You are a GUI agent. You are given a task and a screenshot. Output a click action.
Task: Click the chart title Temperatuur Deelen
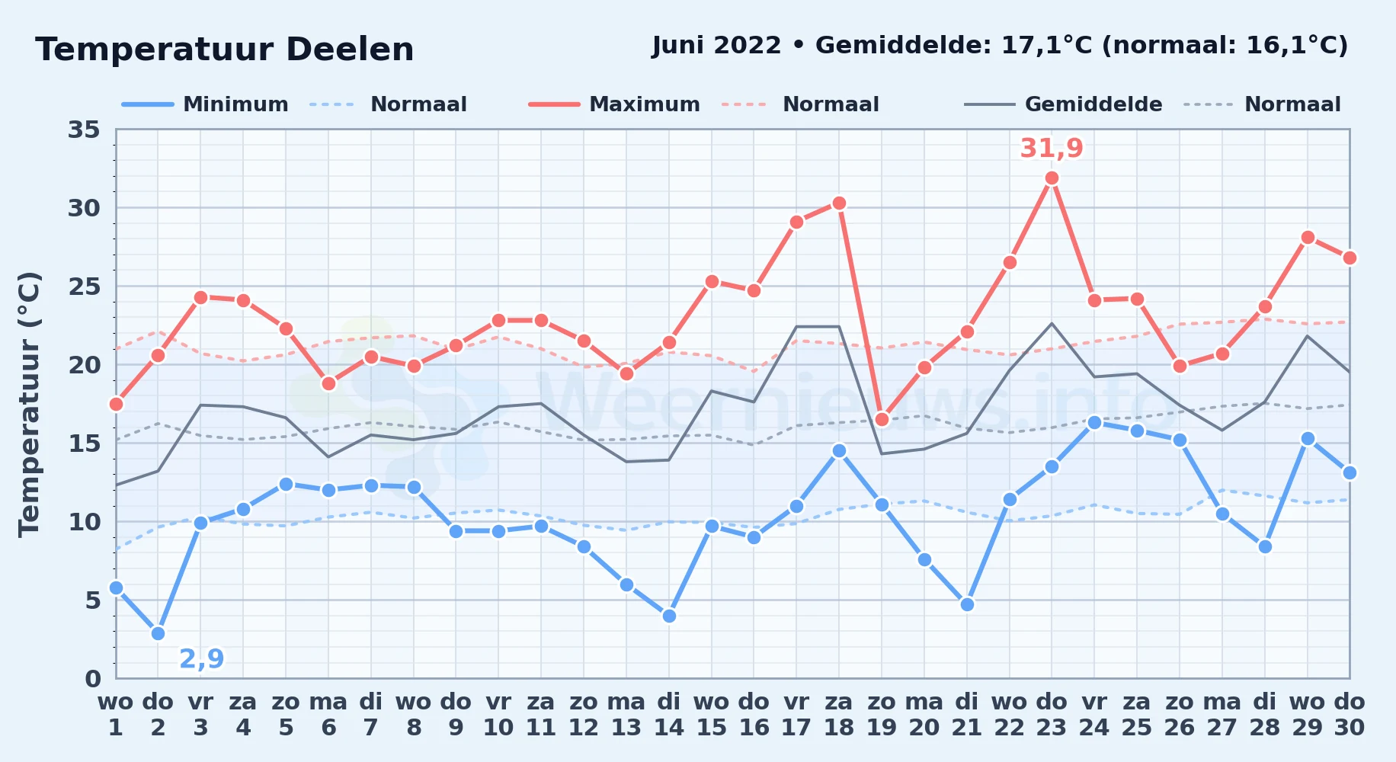tap(225, 50)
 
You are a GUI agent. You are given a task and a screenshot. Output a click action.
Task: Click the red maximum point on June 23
tap(1052, 178)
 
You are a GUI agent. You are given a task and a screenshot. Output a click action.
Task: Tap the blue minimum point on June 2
tap(158, 633)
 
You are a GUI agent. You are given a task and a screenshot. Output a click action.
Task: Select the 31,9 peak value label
tap(1052, 148)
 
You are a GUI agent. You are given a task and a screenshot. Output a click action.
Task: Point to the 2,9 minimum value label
tap(201, 658)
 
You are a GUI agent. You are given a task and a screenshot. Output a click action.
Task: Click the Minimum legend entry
tap(206, 104)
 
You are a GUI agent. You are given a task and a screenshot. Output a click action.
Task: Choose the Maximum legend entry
tap(614, 104)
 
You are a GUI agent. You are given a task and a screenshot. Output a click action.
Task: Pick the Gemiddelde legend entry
tap(1064, 104)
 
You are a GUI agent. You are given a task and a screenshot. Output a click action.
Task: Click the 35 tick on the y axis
tap(84, 130)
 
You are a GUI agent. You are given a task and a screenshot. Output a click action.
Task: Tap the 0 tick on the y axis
tap(92, 678)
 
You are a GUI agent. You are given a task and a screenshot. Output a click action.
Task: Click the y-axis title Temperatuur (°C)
tap(29, 404)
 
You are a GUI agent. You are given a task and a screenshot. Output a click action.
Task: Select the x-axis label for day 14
tap(669, 715)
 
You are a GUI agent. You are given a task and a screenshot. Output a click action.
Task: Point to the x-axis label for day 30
tap(1349, 715)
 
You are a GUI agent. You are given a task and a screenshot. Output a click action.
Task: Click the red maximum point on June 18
tap(839, 203)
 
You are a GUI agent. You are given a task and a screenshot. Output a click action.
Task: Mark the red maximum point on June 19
tap(882, 419)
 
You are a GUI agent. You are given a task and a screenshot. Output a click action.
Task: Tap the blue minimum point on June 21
tap(967, 604)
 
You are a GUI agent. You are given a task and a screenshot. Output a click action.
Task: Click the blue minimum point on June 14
tap(669, 616)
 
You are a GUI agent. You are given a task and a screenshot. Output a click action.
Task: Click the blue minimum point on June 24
tap(1094, 422)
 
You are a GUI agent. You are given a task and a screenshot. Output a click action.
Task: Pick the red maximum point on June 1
tap(116, 404)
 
